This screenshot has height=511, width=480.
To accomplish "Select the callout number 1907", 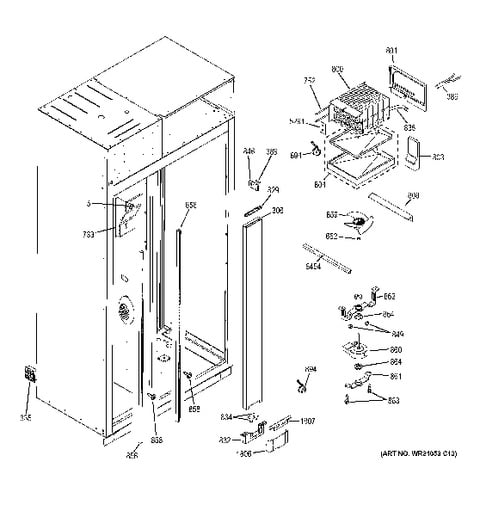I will coord(306,421).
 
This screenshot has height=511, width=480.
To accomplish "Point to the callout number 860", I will coord(395,348).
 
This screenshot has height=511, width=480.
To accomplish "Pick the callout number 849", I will coord(397,333).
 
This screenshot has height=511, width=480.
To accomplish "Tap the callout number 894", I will coord(311,370).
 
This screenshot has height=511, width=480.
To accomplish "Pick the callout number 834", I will coord(227,416).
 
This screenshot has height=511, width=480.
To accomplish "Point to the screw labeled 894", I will coord(299,384).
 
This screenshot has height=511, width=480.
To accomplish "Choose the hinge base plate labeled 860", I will coord(357,350).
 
